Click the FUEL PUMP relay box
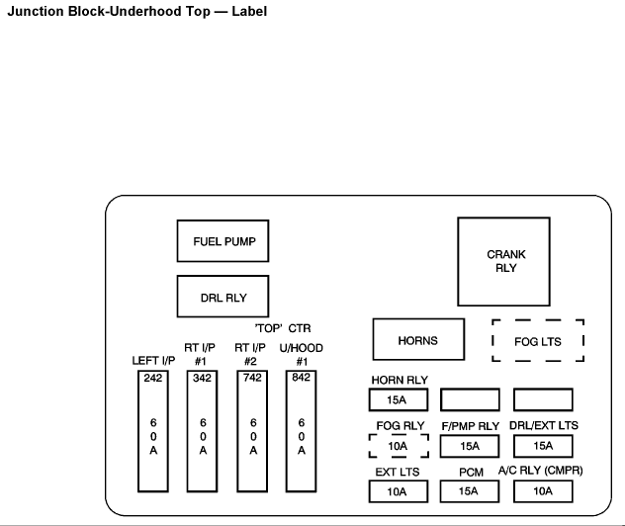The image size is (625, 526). click(x=223, y=241)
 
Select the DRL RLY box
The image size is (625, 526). click(x=223, y=296)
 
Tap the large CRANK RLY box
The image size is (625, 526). click(x=505, y=261)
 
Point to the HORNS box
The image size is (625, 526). click(x=417, y=340)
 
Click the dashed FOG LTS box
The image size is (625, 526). click(x=538, y=340)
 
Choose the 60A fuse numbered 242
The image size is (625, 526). click(x=153, y=431)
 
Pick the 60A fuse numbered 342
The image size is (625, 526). click(x=203, y=431)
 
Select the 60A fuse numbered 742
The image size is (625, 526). click(x=253, y=431)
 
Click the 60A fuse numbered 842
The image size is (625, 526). click(x=302, y=431)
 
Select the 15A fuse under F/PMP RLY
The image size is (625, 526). click(x=470, y=446)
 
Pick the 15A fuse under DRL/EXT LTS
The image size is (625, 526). click(x=543, y=446)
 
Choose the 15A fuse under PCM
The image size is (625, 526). click(x=470, y=491)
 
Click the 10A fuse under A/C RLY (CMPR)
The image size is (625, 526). click(x=543, y=491)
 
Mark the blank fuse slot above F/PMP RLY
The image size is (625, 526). click(x=470, y=399)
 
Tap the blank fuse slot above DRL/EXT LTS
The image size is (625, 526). click(x=543, y=399)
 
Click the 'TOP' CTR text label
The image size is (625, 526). click(x=283, y=327)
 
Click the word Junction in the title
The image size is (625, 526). click(x=36, y=11)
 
